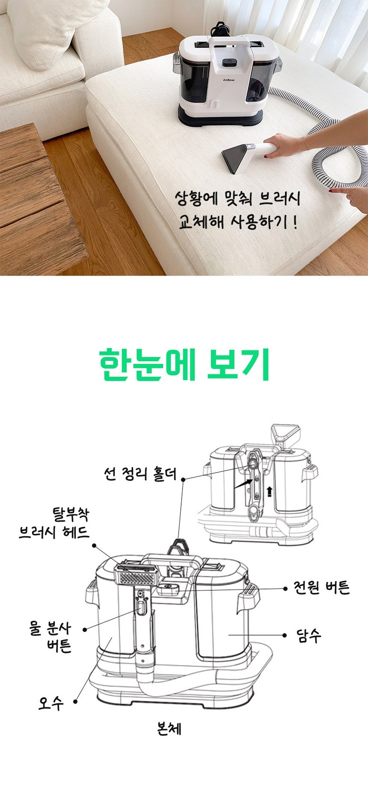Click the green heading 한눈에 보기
(184, 365)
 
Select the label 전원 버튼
(321, 588)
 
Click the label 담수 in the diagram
(309, 635)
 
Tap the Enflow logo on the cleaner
(229, 80)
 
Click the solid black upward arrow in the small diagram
(269, 492)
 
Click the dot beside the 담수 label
(284, 635)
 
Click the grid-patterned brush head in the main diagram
(136, 575)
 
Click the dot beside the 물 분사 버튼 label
(85, 630)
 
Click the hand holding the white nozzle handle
(284, 145)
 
